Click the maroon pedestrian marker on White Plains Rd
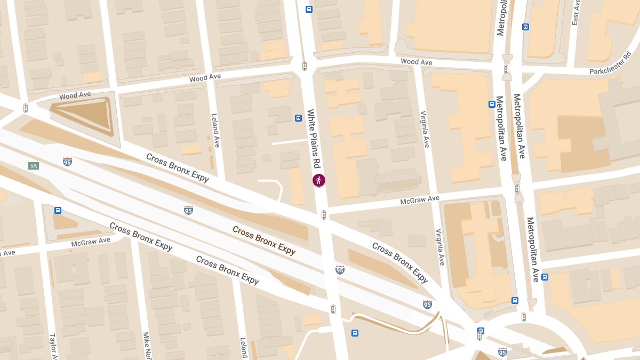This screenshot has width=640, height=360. coord(319,180)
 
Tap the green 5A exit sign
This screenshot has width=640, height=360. coord(34,166)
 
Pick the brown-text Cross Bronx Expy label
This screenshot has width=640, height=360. coord(264,241)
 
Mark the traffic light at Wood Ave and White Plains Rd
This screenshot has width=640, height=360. coord(305,66)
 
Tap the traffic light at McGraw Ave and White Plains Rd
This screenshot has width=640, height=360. coord(324,215)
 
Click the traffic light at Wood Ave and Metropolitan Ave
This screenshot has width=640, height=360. coord(506,69)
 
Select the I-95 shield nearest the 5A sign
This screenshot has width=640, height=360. coord(67,161)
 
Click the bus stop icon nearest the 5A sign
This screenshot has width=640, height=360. coord(58,210)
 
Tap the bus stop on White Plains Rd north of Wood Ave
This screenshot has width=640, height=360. coord(309,9)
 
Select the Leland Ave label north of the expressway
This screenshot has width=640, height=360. coord(215,131)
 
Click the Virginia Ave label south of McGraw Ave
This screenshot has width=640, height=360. coord(439,247)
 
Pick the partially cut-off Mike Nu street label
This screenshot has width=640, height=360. coord(146,345)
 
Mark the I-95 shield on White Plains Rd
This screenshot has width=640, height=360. coord(340,270)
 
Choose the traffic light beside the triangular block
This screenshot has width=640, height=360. coord(25,108)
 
